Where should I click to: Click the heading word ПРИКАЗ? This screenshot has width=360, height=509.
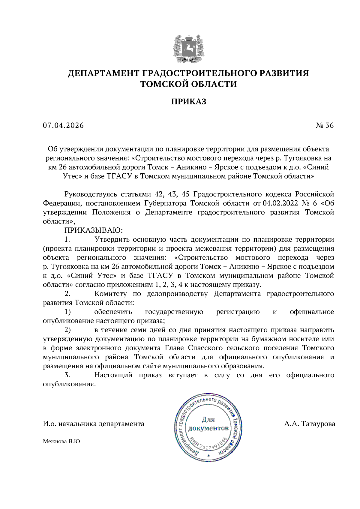[x=188, y=102]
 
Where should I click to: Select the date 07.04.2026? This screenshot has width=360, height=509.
[x=63, y=125]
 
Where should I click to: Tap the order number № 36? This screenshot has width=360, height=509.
[x=325, y=125]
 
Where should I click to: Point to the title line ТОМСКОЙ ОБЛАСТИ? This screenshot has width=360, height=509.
[x=188, y=84]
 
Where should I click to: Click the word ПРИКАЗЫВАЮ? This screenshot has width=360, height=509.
[x=94, y=230]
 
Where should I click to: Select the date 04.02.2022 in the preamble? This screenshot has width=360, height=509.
[x=280, y=203]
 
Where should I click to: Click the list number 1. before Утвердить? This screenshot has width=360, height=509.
[x=67, y=239]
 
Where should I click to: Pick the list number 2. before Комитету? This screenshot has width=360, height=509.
[x=67, y=294]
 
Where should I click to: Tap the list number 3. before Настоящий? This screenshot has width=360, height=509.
[x=67, y=375]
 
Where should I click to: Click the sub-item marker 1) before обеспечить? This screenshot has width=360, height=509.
[x=67, y=312]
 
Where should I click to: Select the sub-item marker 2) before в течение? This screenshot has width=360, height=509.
[x=67, y=330]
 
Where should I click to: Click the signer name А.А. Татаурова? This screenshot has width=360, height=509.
[x=309, y=424]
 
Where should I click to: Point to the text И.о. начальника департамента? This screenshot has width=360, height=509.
[x=93, y=424]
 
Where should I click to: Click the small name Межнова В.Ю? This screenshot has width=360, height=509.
[x=61, y=442]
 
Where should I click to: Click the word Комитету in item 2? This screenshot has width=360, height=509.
[x=110, y=294]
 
